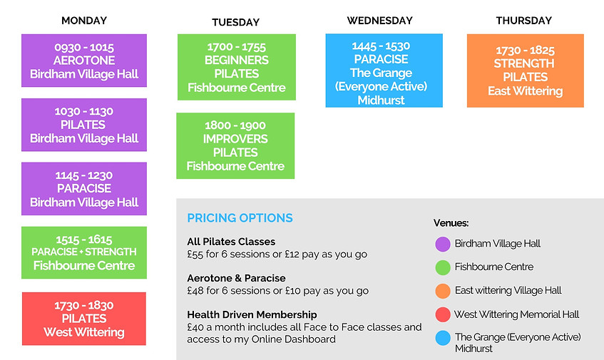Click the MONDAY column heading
tap(84, 21)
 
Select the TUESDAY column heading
tap(235, 22)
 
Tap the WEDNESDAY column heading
tap(380, 21)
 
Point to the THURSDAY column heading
tap(524, 21)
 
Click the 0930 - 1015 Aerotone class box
tap(84, 61)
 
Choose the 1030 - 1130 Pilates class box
tap(84, 125)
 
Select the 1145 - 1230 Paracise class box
tap(84, 189)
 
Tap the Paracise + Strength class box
tap(84, 253)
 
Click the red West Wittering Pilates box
tap(84, 319)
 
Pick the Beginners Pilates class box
tap(236, 68)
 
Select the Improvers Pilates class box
tap(235, 146)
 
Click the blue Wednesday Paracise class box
tap(384, 71)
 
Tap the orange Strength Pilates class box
tap(525, 71)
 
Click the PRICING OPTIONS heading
tap(240, 218)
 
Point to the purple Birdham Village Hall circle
tap(443, 244)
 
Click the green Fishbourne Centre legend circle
tap(443, 267)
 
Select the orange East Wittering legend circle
tap(443, 291)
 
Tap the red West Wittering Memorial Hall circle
tap(443, 314)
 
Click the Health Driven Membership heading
tap(252, 314)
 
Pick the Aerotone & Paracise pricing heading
tap(236, 278)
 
